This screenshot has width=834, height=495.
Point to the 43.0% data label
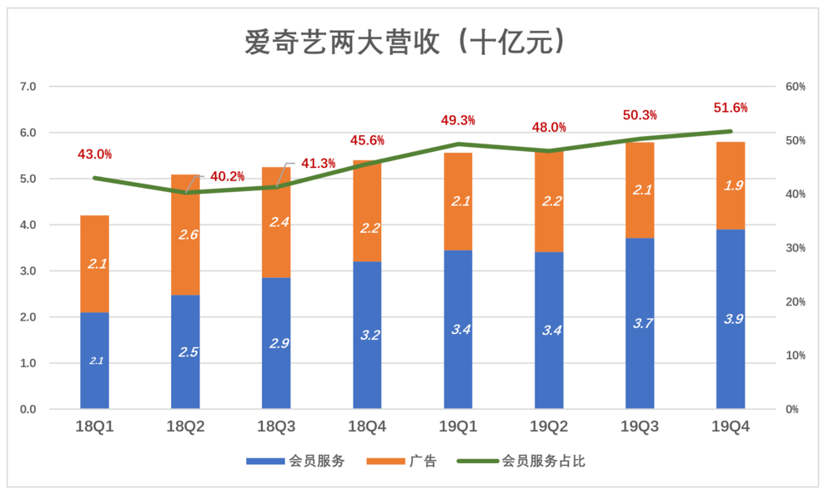click(94, 154)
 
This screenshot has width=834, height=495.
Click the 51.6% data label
click(731, 108)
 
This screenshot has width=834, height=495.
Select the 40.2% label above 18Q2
click(228, 177)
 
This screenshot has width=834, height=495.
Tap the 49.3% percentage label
click(458, 121)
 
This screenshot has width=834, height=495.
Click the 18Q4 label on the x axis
click(367, 427)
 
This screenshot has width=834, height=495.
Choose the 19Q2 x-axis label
click(549, 427)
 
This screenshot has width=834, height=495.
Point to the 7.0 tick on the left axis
click(28, 87)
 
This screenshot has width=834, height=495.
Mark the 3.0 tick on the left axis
click(28, 271)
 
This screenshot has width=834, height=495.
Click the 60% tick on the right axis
click(795, 87)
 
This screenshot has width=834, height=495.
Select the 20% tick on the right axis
click(795, 302)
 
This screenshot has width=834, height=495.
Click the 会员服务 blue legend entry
click(295, 461)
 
